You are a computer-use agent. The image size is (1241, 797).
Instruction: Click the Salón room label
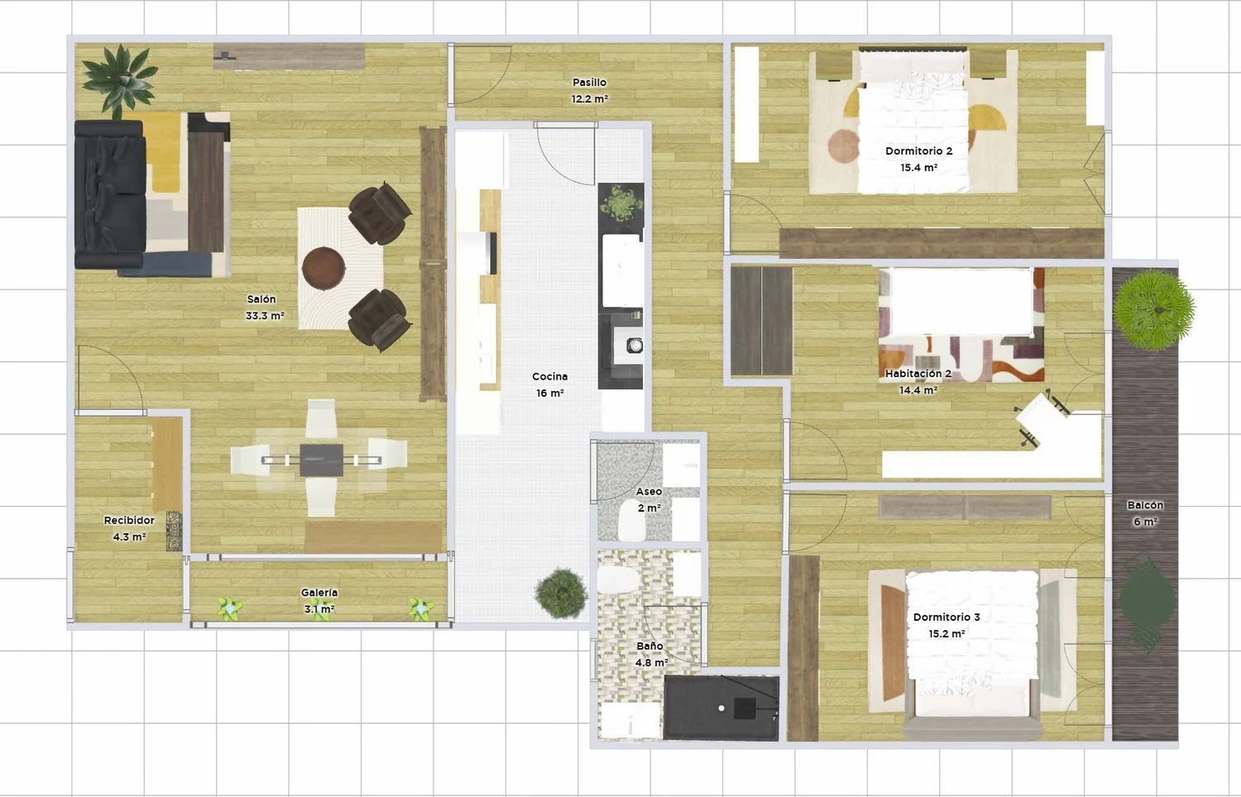point(261,299)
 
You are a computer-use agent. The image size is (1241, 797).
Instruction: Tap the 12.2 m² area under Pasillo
point(589,99)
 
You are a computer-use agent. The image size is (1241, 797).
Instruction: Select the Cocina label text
point(549,376)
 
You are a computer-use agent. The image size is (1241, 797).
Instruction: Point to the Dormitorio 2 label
point(918,150)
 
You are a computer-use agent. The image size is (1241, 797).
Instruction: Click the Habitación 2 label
point(918,374)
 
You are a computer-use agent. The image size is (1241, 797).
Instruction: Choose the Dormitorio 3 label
point(946,617)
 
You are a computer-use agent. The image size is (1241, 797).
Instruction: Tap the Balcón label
point(1145,505)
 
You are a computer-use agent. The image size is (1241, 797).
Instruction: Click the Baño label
point(649,646)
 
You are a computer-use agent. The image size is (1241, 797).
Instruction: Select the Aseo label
point(649,491)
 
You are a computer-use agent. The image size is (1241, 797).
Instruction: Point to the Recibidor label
point(129,520)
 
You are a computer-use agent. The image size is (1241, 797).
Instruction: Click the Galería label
point(319,592)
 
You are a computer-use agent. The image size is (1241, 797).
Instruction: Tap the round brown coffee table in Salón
point(323,268)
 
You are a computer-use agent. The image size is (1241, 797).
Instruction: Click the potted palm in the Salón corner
point(118,80)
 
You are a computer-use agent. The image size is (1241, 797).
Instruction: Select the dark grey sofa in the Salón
point(111,195)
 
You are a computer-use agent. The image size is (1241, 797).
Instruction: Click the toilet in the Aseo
point(631,520)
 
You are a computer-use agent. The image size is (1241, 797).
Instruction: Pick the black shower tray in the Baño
point(721,708)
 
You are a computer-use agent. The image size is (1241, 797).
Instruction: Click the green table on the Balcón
point(1147,599)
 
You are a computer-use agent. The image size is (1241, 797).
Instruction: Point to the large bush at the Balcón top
point(1154,310)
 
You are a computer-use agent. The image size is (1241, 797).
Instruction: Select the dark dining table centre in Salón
point(321,460)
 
